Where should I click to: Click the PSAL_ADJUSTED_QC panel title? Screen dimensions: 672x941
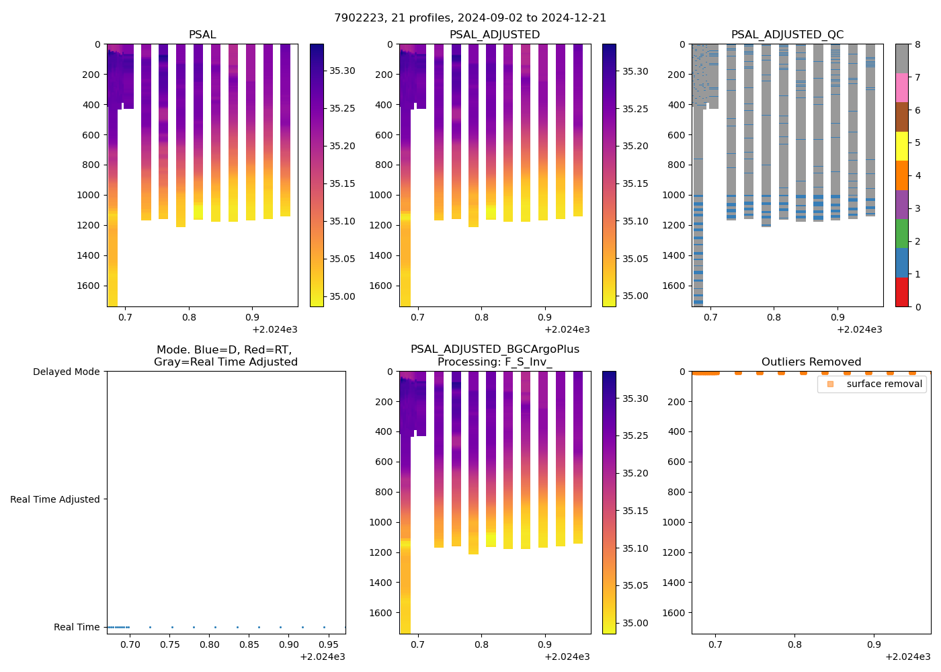pos(787,35)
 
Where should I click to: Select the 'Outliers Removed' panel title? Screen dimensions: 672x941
pos(811,362)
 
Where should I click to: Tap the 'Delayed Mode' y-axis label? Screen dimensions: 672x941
pos(66,372)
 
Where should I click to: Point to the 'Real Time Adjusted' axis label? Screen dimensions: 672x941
pos(54,499)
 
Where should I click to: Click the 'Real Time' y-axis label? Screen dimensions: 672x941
pos(77,627)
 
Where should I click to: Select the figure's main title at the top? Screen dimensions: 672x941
pos(470,18)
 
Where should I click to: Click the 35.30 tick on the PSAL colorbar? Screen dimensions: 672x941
pos(342,71)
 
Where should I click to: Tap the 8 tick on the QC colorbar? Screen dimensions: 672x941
pos(917,44)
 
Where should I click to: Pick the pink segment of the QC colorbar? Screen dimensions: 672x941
pos(902,88)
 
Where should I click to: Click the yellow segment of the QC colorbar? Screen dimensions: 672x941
pos(902,146)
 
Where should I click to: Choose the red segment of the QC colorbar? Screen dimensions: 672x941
pos(902,292)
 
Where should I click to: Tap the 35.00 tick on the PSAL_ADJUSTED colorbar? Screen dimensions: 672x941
pos(635,296)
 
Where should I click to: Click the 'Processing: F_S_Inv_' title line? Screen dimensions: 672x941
pos(495,362)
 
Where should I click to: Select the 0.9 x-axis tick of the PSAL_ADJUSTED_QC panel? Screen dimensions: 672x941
pos(837,317)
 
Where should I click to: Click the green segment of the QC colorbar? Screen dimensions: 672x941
pos(902,233)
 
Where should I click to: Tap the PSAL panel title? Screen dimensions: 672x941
pos(202,35)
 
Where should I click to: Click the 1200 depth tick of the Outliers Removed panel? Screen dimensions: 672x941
pos(674,552)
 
